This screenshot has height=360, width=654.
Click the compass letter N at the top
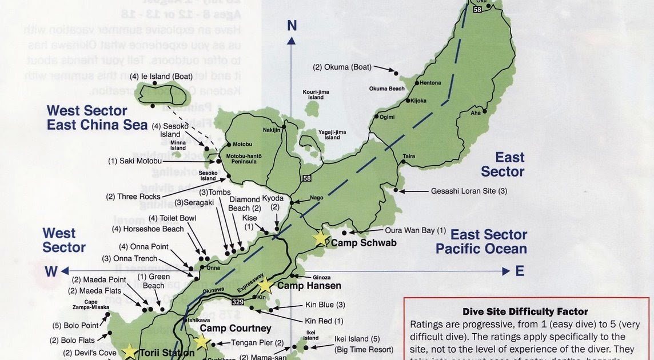point(292,25)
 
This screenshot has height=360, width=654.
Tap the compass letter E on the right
point(520,271)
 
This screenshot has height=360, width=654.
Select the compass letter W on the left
point(51,271)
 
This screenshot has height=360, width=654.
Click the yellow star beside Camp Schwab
point(321,238)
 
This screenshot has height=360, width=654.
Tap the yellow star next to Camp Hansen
point(265,285)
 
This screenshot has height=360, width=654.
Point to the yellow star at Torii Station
point(130,351)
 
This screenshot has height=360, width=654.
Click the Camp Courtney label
point(235,329)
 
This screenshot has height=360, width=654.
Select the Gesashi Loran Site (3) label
point(469,191)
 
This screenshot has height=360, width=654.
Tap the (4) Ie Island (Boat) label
point(161,76)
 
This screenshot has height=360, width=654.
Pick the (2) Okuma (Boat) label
point(342,67)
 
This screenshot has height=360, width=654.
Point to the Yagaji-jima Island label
point(332,134)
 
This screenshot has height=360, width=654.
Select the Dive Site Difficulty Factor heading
point(525,311)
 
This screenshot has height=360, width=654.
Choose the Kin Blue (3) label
point(324,305)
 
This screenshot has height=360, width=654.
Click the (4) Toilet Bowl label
point(172,218)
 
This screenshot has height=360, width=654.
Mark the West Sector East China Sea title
point(97,117)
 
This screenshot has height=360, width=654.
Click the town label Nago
point(316,198)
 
